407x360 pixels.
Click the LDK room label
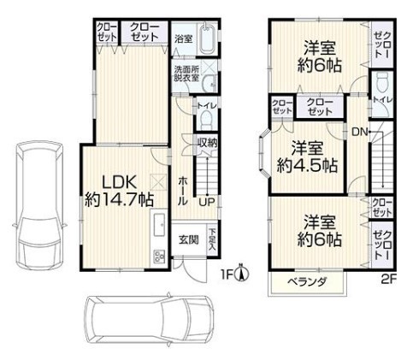[120, 191]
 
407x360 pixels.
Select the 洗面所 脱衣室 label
[187, 74]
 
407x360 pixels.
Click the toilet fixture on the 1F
[206, 120]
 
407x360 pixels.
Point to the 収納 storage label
[208, 143]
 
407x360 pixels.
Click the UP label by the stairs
[207, 202]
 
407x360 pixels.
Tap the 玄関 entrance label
[189, 240]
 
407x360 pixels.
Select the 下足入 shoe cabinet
[212, 239]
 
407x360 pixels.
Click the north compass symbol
[242, 273]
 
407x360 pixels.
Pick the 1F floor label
[227, 274]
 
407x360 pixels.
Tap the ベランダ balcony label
[307, 282]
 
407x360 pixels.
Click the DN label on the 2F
[359, 132]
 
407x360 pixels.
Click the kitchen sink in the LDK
[159, 225]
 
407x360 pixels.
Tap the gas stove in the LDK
[159, 256]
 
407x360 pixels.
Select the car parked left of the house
[39, 204]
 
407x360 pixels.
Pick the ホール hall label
[183, 191]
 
